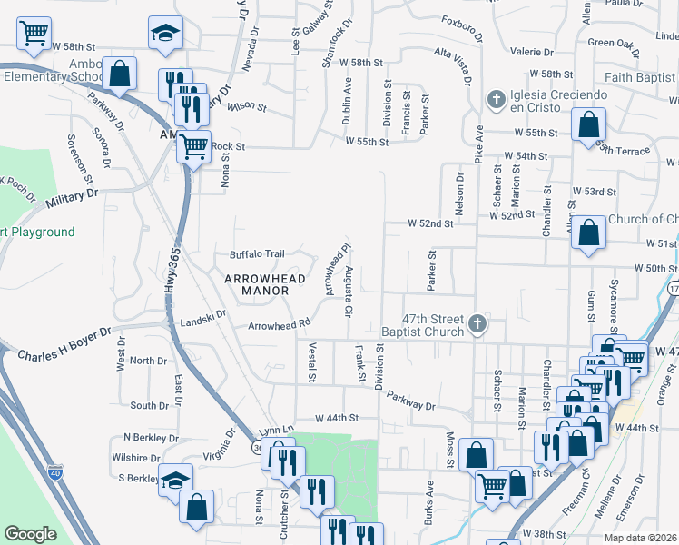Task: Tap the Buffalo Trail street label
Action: pos(257,254)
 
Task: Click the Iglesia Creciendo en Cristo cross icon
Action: pos(497,98)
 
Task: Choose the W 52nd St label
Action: pos(429,223)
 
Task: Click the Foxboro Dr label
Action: pos(461,23)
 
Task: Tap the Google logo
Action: pos(30,534)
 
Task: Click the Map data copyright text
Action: pos(640,538)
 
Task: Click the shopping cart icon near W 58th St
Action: pos(34,33)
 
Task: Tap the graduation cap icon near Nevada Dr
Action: pos(164,33)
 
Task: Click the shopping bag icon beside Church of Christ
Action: pos(589,233)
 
